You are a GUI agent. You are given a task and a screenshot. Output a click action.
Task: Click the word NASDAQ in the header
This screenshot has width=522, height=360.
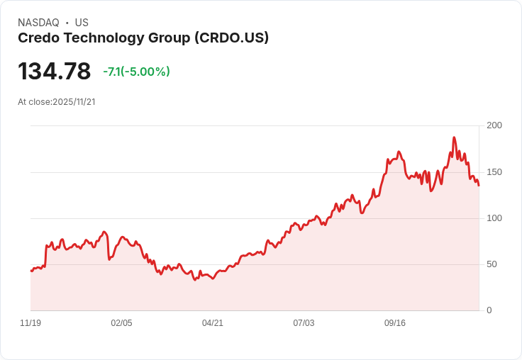38,23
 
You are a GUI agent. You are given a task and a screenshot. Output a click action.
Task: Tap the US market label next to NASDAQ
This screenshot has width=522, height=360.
82,23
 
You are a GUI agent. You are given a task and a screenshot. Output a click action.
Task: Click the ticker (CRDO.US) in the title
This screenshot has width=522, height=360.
231,38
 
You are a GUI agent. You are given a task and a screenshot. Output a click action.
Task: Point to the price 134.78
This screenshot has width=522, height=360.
55,72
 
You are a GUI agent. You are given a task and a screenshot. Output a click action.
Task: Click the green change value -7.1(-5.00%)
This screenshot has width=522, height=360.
136,72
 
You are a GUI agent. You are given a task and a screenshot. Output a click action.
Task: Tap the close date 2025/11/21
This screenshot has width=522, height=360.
74,102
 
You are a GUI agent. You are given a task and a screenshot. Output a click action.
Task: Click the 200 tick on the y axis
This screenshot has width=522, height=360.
494,125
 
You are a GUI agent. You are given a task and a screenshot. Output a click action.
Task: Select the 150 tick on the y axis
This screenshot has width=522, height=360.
494,171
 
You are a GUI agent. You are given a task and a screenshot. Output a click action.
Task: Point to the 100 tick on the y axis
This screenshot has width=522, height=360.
494,218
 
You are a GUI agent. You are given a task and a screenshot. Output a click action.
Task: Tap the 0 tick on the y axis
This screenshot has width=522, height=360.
489,310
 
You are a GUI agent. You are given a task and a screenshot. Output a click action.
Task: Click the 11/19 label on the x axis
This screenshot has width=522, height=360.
30,323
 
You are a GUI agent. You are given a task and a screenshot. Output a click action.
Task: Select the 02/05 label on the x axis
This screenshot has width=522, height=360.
121,323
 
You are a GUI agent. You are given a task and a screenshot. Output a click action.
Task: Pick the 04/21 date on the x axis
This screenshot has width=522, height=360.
213,323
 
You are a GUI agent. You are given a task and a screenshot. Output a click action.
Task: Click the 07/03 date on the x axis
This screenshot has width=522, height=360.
304,323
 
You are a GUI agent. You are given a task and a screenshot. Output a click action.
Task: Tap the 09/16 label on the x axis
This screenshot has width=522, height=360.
395,323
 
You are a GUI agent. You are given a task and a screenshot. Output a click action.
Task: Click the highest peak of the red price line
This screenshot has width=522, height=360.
454,137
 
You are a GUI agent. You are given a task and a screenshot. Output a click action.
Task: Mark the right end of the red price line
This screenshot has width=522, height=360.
479,186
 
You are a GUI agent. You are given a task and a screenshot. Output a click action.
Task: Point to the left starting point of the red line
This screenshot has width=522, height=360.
31,271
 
